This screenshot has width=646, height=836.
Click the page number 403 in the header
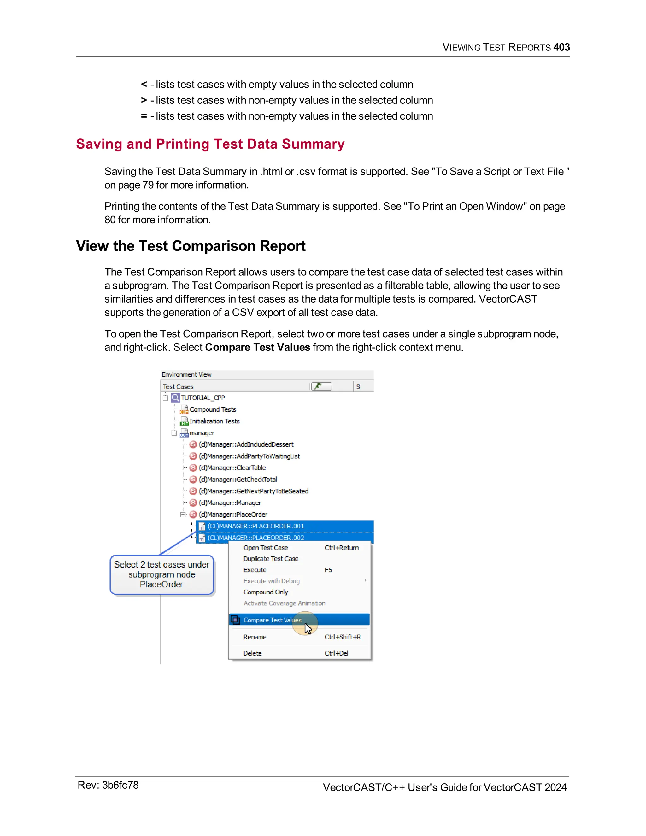[561, 47]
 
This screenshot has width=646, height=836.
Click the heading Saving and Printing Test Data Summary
[210, 144]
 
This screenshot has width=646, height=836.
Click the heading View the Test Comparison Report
[191, 246]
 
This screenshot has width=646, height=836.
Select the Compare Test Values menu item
[273, 620]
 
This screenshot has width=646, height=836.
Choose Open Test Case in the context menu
[266, 548]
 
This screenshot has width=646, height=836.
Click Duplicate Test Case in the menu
[271, 559]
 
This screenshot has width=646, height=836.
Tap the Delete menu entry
[253, 653]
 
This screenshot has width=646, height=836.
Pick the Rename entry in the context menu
[255, 637]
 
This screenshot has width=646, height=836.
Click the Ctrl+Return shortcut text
[342, 548]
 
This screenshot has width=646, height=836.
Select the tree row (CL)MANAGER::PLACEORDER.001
[255, 526]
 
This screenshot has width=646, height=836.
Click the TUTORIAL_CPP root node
[203, 398]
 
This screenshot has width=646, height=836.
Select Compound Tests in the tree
[213, 409]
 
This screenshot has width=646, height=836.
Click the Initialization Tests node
[214, 421]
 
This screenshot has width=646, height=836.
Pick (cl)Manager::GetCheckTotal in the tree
[238, 479]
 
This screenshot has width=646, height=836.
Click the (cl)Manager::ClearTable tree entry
[232, 468]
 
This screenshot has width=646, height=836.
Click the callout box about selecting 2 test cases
[161, 574]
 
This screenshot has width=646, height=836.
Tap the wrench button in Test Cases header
[321, 386]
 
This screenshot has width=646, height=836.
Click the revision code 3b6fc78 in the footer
[120, 785]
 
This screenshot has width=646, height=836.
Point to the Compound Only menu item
[266, 592]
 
